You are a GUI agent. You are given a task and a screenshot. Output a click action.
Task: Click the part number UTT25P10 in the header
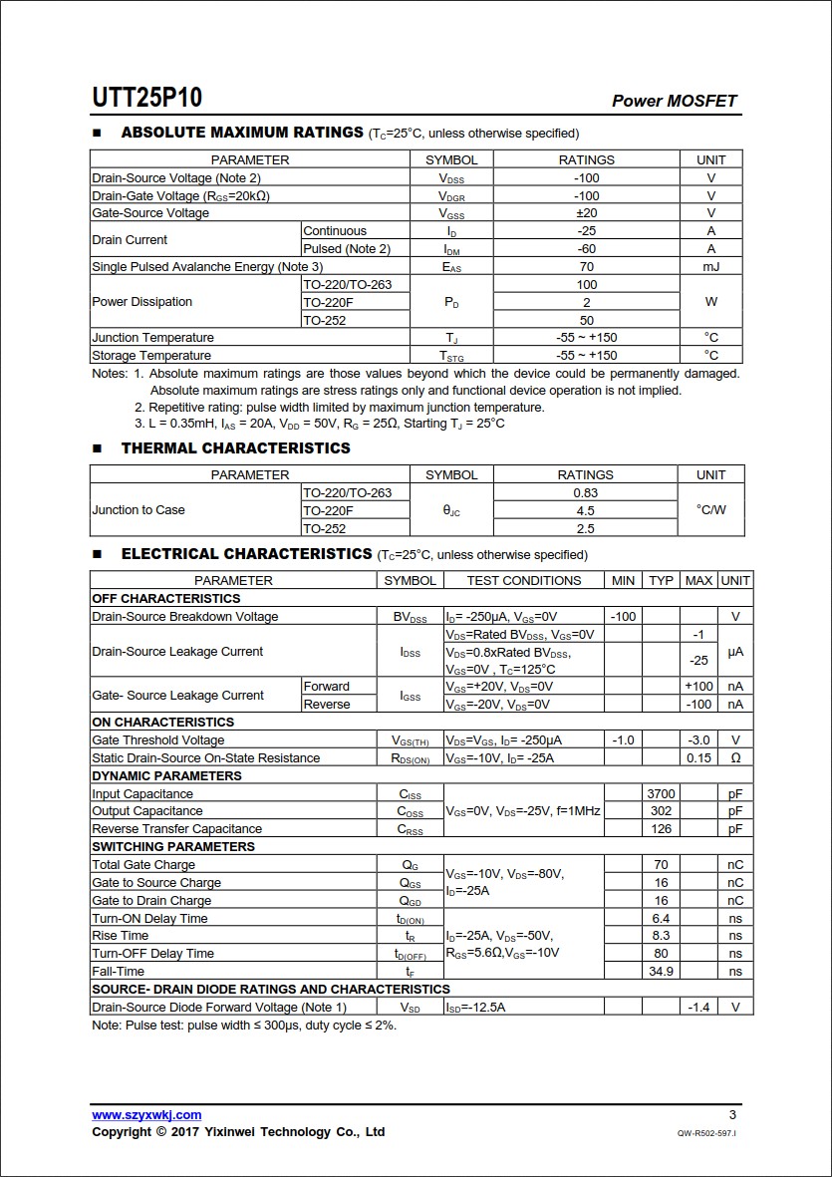(147, 98)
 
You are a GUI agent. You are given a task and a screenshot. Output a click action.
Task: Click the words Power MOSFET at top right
(675, 101)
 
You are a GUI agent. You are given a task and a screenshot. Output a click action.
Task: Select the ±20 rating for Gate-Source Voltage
(586, 213)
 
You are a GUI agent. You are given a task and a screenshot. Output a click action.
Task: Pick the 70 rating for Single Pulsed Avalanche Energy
(586, 266)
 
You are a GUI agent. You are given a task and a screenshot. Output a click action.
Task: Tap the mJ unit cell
(710, 266)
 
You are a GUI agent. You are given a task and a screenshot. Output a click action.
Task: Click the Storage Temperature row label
(151, 356)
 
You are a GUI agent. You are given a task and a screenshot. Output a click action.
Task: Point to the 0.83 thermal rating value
(586, 492)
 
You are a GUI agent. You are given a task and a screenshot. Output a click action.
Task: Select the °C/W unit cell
(710, 510)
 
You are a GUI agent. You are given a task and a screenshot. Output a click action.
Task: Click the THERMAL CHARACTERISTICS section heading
(236, 448)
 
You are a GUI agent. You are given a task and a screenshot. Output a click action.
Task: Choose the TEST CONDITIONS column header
(524, 581)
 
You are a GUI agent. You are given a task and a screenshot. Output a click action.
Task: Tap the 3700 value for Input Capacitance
(661, 794)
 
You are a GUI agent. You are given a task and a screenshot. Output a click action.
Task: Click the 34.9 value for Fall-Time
(661, 972)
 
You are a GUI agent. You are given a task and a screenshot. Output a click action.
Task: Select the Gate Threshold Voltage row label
(158, 740)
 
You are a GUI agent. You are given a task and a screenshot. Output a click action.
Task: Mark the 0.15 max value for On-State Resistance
(698, 758)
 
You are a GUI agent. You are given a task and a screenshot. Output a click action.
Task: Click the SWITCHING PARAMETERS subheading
(173, 847)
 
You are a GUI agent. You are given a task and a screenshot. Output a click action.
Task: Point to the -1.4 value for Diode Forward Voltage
(698, 1008)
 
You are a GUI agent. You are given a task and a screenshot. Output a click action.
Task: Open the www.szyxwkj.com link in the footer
(146, 1115)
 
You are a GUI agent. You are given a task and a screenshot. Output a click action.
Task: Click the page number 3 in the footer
(732, 1115)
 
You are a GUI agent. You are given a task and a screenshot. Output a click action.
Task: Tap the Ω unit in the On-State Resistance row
(735, 758)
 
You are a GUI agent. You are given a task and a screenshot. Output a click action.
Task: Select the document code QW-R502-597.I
(706, 1133)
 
